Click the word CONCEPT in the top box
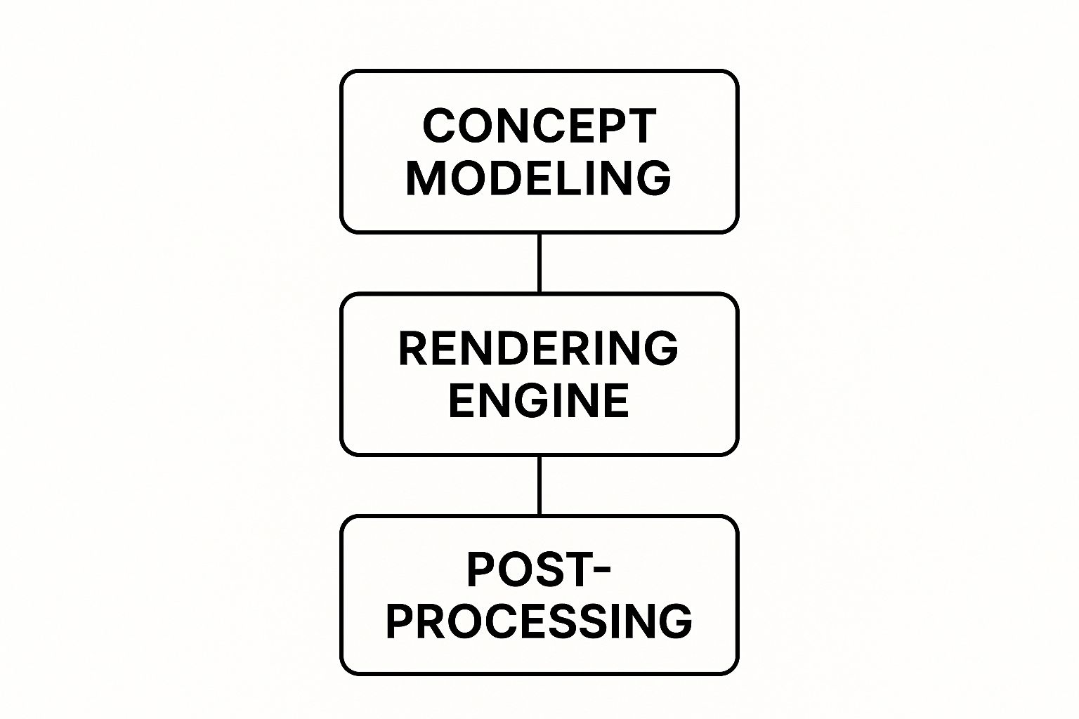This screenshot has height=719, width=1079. [x=539, y=126]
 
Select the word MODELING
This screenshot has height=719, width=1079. [x=539, y=178]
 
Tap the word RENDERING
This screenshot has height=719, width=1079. [x=539, y=348]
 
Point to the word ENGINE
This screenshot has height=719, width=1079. [x=539, y=400]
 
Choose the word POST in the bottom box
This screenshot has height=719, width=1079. [x=524, y=570]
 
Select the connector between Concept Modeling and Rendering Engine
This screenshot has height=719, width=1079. [x=539, y=263]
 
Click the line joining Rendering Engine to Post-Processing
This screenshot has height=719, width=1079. [x=539, y=485]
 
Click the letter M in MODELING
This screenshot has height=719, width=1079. [x=424, y=178]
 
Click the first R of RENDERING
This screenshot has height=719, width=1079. [x=414, y=348]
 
